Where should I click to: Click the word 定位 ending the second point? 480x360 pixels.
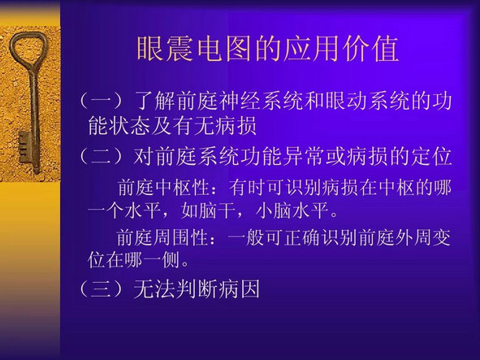(x=431, y=157)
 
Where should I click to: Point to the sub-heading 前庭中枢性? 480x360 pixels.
(x=163, y=187)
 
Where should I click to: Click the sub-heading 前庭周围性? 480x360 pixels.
(x=162, y=237)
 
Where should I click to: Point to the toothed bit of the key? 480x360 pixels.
(x=25, y=146)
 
